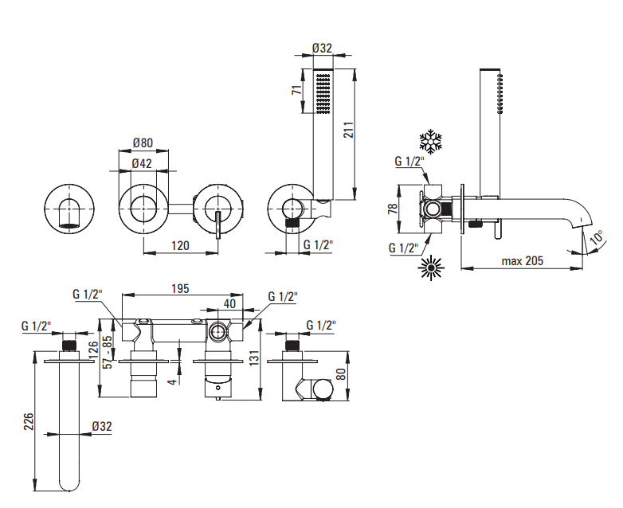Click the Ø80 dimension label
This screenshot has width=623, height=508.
click(143, 143)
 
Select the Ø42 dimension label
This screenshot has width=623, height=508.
click(143, 164)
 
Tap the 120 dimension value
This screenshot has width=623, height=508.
click(181, 246)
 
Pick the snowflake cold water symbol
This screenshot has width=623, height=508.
click(431, 143)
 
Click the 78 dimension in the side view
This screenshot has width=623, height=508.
click(392, 209)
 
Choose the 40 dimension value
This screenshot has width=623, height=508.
click(229, 303)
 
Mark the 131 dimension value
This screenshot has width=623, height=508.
click(253, 358)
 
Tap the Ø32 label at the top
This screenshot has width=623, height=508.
click(321, 49)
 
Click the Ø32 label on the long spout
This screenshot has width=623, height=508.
click(101, 427)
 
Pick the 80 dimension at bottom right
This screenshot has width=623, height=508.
click(342, 374)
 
